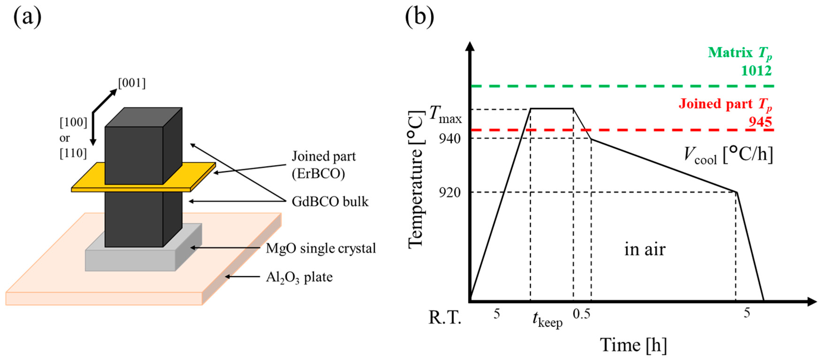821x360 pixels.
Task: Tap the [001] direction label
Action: coord(132,83)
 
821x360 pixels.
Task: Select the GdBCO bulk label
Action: coord(330,202)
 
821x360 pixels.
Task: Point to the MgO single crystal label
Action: coord(321,249)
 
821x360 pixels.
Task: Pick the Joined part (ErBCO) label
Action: coord(323,165)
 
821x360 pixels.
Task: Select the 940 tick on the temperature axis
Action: coord(449,139)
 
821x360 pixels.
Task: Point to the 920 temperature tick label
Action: coord(449,192)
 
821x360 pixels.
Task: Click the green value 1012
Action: coord(756,71)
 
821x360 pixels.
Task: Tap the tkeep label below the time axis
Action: coord(547,319)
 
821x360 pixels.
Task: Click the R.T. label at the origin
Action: coord(445,317)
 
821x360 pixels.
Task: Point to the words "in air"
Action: coord(645,249)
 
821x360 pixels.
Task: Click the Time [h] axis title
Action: coord(633,345)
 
